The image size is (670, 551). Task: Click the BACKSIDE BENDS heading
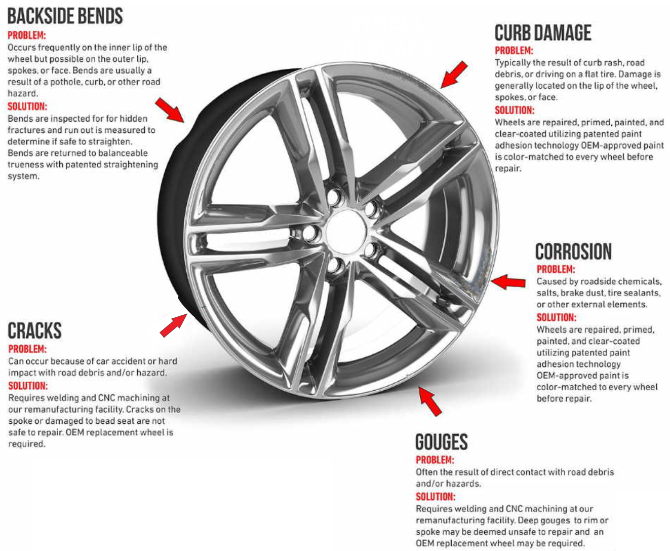coord(65,16)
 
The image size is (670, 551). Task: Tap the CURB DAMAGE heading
coord(542,33)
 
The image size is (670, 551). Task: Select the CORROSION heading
coord(573,252)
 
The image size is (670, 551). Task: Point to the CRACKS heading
coord(34,331)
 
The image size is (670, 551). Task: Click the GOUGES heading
coord(441,442)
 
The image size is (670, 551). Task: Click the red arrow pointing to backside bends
coord(170,110)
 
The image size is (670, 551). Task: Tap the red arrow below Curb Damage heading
coord(454,75)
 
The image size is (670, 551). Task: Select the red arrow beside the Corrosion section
coord(508,282)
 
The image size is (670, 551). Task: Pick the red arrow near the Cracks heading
coord(174,325)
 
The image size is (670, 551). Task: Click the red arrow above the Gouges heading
coord(430,400)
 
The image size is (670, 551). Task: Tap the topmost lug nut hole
coord(335,198)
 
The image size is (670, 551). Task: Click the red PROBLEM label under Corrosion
coord(556,269)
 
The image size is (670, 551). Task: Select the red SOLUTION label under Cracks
coord(28,386)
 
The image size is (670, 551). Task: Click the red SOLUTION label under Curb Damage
coord(515,110)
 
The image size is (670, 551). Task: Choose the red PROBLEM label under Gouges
coord(435,460)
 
